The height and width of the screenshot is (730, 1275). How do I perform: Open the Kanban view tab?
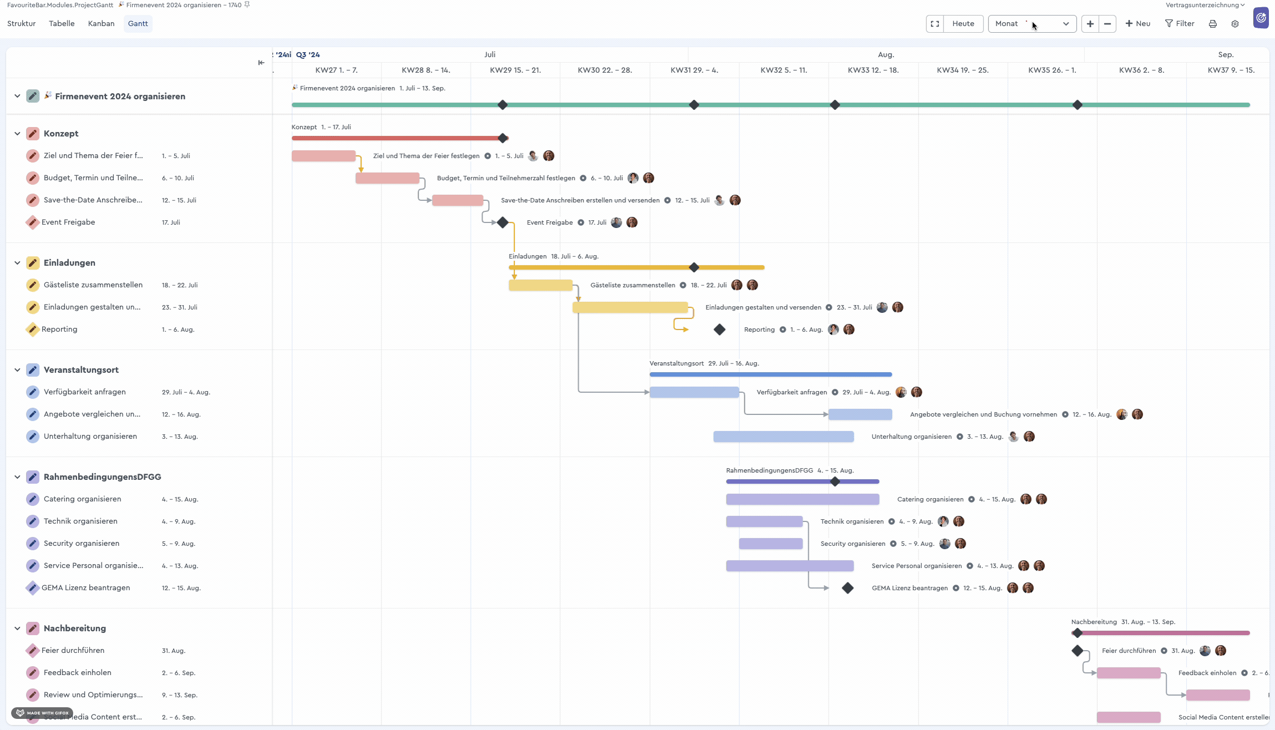point(101,23)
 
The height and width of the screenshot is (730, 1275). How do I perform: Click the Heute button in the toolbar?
point(963,23)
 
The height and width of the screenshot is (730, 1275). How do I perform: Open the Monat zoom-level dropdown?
point(1032,23)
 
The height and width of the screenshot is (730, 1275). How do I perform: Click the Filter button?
point(1180,23)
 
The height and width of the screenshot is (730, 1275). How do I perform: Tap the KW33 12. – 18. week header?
point(873,70)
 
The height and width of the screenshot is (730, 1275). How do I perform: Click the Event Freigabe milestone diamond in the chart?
point(502,222)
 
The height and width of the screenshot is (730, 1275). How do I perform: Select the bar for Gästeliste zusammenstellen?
point(540,285)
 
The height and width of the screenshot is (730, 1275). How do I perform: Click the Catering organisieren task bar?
point(802,499)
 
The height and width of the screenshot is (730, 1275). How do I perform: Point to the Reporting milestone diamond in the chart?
point(719,329)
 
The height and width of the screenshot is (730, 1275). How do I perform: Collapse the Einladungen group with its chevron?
point(17,263)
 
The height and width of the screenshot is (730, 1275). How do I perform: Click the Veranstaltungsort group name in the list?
point(81,370)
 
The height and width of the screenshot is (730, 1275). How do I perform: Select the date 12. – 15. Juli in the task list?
point(179,200)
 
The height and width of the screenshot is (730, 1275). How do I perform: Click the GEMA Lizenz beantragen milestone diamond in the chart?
point(847,588)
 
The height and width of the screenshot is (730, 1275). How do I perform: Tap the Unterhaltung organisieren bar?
point(783,437)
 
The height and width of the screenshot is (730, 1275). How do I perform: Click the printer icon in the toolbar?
point(1212,23)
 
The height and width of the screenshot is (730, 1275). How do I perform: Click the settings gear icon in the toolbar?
point(1235,23)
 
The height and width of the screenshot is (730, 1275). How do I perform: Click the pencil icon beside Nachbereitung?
point(33,628)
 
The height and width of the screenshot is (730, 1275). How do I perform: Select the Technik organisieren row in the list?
point(80,521)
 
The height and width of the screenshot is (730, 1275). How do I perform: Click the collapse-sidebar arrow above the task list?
point(261,63)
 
